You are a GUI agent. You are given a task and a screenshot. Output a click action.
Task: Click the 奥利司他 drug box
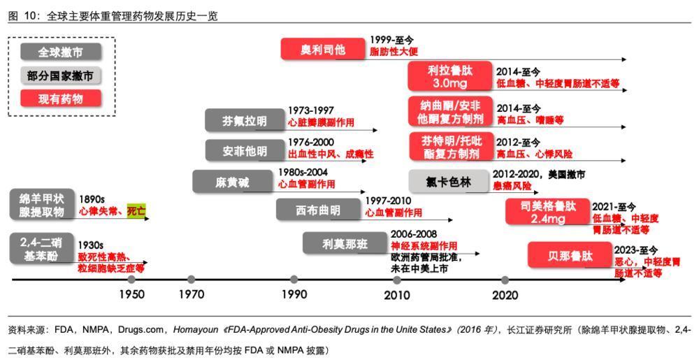pyautogui.click(x=323, y=50)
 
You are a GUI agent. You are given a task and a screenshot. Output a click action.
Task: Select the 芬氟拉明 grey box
pyautogui.click(x=245, y=121)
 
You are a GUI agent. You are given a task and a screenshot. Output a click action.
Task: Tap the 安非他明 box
pyautogui.click(x=245, y=151)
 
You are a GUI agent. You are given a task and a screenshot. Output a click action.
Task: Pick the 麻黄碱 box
pyautogui.click(x=232, y=182)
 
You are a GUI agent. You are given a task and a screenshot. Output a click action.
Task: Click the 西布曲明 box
pyautogui.click(x=318, y=210)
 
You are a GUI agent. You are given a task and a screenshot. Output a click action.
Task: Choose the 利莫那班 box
pyautogui.click(x=345, y=243)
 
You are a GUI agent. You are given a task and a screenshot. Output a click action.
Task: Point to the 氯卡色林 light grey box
pyautogui.click(x=449, y=182)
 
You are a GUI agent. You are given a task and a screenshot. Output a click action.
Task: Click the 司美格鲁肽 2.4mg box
pyautogui.click(x=548, y=212)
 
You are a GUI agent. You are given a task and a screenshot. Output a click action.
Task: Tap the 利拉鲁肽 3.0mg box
pyautogui.click(x=450, y=76)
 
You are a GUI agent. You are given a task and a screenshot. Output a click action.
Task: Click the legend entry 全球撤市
pyautogui.click(x=61, y=53)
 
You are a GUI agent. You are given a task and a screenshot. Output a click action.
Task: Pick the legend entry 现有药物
pyautogui.click(x=61, y=99)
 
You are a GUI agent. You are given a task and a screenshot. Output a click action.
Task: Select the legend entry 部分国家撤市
pyautogui.click(x=61, y=75)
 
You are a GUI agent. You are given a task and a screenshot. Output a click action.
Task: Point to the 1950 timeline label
pyautogui.click(x=131, y=295)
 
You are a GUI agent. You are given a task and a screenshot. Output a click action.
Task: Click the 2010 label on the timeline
pyautogui.click(x=397, y=295)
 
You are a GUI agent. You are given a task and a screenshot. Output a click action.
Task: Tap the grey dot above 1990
pyautogui.click(x=294, y=280)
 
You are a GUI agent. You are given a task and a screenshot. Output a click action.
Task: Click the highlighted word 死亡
pyautogui.click(x=136, y=210)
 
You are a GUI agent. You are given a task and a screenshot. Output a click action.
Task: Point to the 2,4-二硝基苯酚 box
pyautogui.click(x=41, y=250)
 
